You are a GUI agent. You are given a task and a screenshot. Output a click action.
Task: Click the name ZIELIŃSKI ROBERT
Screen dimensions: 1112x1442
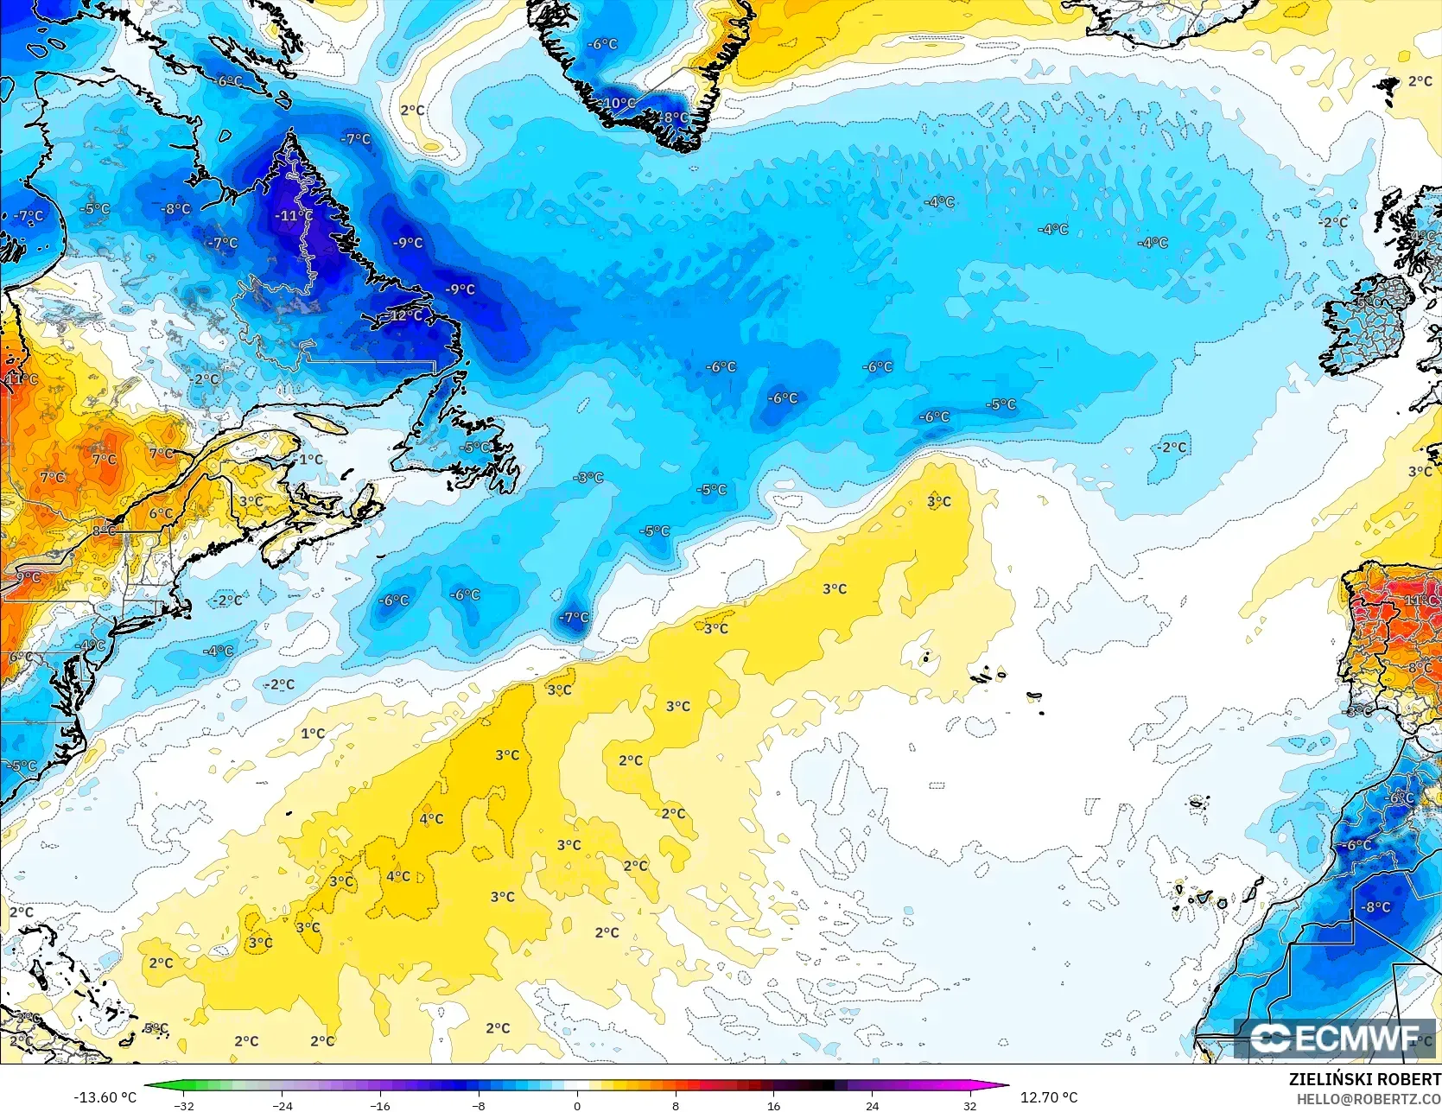point(1364,1079)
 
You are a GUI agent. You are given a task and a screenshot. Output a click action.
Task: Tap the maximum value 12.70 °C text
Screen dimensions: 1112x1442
point(1049,1097)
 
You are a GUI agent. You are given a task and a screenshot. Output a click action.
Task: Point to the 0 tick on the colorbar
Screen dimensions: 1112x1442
point(577,1105)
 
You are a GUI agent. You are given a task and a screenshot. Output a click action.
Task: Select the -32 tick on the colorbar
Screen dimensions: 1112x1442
point(184,1105)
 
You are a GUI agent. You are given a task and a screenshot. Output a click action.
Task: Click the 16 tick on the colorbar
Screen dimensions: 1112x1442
point(773,1105)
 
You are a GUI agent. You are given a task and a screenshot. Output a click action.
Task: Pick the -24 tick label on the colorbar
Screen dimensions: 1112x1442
point(283,1105)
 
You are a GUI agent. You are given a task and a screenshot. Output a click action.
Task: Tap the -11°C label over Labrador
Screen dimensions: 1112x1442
point(294,215)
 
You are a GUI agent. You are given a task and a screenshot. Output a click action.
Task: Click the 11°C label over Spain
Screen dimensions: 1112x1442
point(1420,600)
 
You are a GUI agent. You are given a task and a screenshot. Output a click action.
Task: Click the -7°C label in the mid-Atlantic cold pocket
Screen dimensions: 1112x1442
point(574,617)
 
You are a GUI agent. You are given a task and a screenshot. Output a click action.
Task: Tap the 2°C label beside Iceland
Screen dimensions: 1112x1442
point(1420,81)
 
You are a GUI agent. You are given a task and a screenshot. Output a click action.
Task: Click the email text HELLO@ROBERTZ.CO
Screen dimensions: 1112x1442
point(1368,1098)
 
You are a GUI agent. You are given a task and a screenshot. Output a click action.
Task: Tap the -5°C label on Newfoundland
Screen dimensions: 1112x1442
point(475,447)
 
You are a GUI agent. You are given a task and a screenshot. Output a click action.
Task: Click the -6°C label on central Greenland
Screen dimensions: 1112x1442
point(602,44)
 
